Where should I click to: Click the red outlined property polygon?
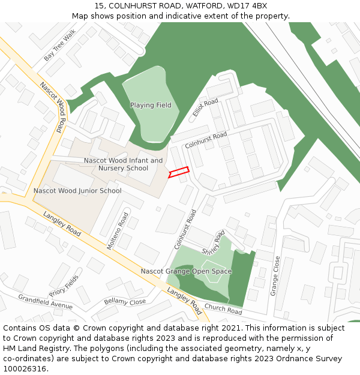[x=179, y=172]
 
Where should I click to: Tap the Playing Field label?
[x=151, y=106]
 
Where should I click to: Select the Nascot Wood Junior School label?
[x=77, y=191]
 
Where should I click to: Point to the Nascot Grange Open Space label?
[x=186, y=271]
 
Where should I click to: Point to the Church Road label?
[x=223, y=310]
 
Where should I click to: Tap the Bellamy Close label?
[x=125, y=301]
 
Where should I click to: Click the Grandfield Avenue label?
[x=45, y=302]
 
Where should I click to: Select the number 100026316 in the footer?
[x=25, y=369]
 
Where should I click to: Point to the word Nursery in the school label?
[x=112, y=169]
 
